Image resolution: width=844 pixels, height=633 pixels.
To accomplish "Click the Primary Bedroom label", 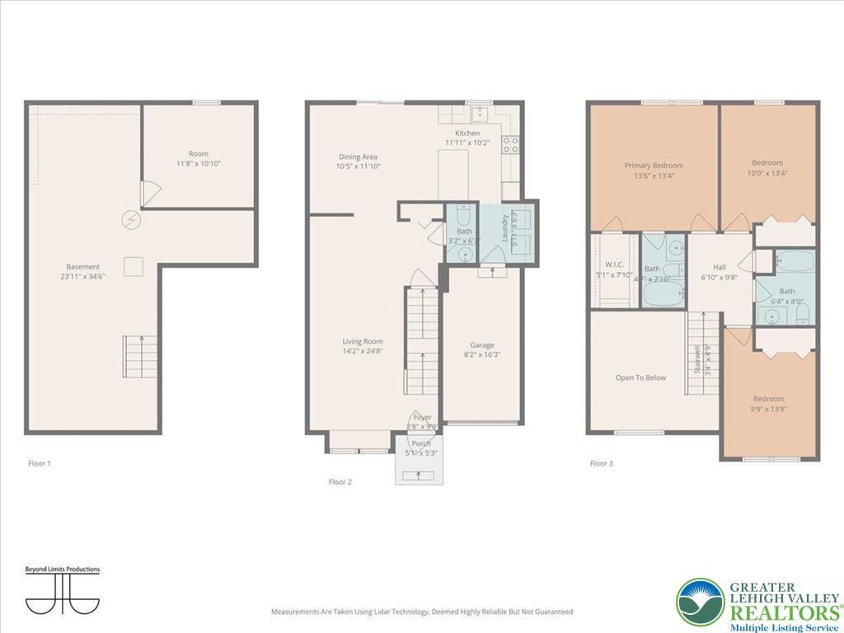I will click(x=654, y=165).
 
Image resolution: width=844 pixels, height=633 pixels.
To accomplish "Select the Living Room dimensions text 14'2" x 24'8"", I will click(x=363, y=351).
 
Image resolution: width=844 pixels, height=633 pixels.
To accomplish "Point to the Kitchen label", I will click(x=467, y=133).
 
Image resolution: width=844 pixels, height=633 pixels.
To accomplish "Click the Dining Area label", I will click(x=359, y=157).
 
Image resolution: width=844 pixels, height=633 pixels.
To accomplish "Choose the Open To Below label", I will click(x=640, y=377).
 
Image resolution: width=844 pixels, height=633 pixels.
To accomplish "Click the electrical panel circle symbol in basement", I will click(x=129, y=220).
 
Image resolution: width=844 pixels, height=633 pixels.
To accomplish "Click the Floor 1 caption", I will click(x=39, y=463).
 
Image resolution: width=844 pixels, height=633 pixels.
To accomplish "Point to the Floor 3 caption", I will click(x=601, y=463).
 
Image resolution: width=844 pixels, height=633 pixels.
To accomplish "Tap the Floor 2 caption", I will click(x=340, y=481).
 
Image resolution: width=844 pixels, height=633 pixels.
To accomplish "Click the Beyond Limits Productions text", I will click(x=62, y=570).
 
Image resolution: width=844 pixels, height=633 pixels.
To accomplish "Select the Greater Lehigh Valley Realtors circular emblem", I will click(x=700, y=603).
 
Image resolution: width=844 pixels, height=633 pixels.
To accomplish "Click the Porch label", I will click(x=421, y=443).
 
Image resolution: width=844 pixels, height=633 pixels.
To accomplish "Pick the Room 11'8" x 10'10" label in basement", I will click(x=198, y=153).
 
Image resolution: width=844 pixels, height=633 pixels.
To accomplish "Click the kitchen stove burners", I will click(x=511, y=145).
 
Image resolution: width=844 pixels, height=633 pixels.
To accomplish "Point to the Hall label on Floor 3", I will click(x=720, y=267).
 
